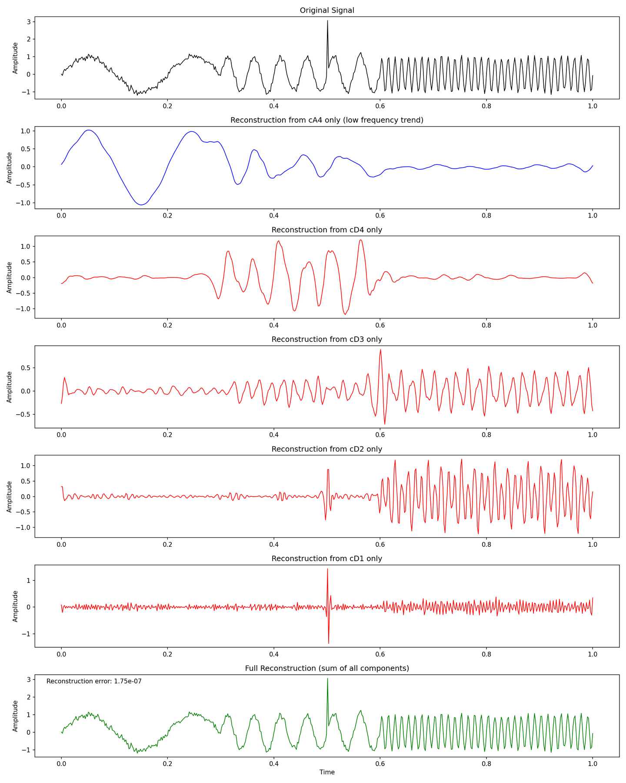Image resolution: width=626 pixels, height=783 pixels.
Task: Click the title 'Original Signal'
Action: (x=327, y=10)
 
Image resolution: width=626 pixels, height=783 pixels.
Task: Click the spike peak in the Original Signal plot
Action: (x=327, y=21)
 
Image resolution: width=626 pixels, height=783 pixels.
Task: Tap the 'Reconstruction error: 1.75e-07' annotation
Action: (x=94, y=681)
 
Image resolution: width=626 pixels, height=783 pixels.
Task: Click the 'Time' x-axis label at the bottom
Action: (x=327, y=772)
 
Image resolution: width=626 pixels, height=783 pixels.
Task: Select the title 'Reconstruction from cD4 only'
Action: (x=327, y=230)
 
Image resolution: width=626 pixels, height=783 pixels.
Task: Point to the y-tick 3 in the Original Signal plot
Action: (x=28, y=21)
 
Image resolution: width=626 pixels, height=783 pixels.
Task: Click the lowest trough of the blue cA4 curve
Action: (x=141, y=205)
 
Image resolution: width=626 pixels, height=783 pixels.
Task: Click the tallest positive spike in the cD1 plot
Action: (x=327, y=569)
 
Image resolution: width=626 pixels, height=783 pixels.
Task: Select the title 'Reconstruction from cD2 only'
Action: (x=327, y=449)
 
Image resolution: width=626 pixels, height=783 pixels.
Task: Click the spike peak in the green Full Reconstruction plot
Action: (x=327, y=679)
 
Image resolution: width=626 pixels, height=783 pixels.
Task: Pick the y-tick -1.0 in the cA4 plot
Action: (x=24, y=203)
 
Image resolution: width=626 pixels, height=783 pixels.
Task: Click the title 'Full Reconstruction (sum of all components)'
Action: (x=327, y=668)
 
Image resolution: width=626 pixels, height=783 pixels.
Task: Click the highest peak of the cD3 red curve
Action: (x=381, y=349)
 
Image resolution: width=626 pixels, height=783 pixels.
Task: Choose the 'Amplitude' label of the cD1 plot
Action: (x=15, y=606)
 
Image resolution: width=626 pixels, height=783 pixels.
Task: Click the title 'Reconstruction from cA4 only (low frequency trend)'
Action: (x=327, y=120)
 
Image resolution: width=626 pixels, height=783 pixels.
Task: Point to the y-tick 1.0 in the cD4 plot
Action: (x=24, y=246)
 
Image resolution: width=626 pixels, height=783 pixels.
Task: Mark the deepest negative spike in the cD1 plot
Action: (x=329, y=643)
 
